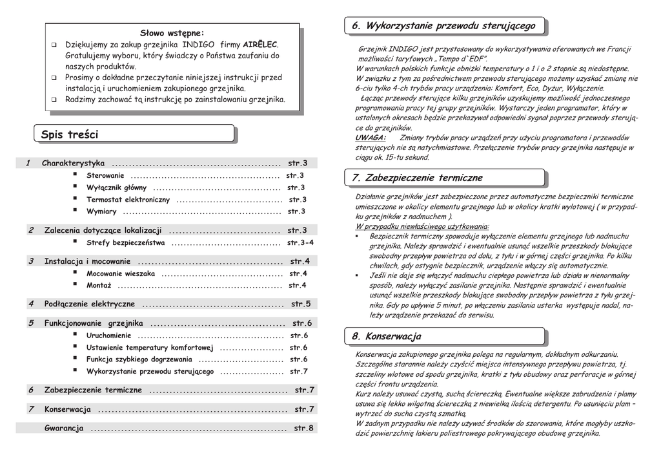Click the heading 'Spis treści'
[x=70, y=134]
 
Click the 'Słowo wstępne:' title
[x=172, y=33]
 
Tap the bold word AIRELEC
[x=260, y=45]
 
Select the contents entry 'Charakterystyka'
[x=73, y=163]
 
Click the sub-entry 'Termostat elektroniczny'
[x=128, y=200]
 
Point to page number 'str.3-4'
[x=300, y=242]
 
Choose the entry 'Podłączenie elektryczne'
[x=90, y=303]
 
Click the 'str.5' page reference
[x=301, y=303]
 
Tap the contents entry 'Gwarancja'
[x=64, y=428]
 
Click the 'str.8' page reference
[x=303, y=428]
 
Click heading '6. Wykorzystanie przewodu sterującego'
[x=443, y=26]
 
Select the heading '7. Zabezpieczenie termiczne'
[x=417, y=178]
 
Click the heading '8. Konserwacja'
[x=386, y=336]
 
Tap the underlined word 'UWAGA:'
[x=371, y=138]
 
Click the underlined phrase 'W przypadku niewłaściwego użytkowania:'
[x=422, y=226]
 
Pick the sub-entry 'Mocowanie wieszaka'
[x=121, y=273]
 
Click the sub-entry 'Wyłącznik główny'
[x=117, y=187]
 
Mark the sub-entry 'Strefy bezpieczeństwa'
[x=126, y=242]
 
